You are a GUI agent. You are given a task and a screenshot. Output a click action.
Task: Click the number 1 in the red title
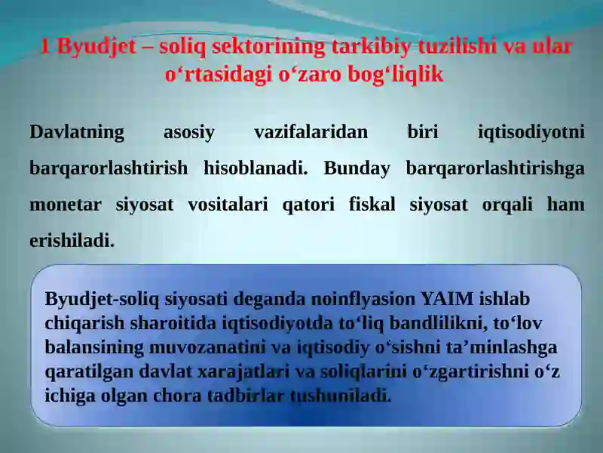[45, 47]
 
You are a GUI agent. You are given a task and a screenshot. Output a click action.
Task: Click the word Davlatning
[77, 133]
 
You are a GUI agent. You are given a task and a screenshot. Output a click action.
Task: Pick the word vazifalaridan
[311, 133]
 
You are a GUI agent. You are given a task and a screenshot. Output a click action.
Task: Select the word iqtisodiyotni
[531, 133]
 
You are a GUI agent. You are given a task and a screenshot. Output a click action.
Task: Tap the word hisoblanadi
[256, 168]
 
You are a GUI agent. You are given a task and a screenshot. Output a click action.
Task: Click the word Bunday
[357, 168]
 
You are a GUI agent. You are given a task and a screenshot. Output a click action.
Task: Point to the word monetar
[64, 205]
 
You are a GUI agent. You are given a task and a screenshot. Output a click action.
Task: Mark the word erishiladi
[72, 241]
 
